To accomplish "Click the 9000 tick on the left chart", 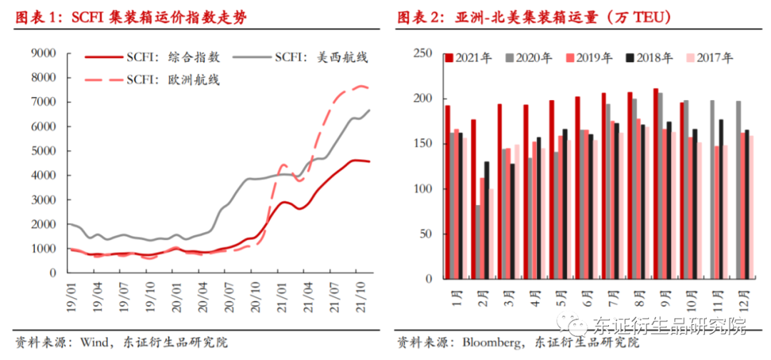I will (44, 53).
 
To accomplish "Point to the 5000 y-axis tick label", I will (44, 151).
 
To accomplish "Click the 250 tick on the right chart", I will (424, 54).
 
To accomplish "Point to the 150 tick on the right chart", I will (424, 144).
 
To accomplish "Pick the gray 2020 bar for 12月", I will (738, 189).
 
